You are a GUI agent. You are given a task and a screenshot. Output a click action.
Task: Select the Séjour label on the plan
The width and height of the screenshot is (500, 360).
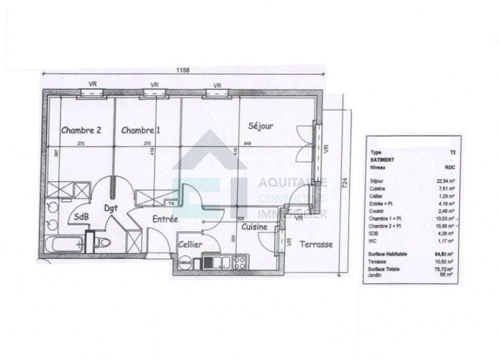pyautogui.click(x=261, y=126)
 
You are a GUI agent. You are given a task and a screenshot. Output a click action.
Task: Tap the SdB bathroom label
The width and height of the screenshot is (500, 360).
pyautogui.click(x=82, y=217)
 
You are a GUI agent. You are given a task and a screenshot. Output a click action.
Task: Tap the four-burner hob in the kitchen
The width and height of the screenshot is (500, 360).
pyautogui.click(x=239, y=262)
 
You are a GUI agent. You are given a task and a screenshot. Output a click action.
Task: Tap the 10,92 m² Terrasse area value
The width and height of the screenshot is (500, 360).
pyautogui.click(x=447, y=261)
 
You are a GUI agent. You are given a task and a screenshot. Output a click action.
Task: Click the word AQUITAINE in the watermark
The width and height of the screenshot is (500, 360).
pyautogui.click(x=285, y=182)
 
